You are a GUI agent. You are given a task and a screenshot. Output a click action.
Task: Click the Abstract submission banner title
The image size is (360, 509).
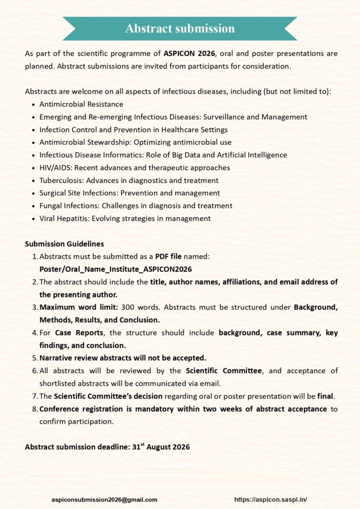coord(180,28)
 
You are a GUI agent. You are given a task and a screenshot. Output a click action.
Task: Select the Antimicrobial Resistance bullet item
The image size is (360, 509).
coord(81,104)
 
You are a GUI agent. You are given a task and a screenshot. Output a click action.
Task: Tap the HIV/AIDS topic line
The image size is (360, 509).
coord(134,168)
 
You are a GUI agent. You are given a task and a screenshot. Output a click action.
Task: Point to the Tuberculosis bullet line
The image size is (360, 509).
coord(129,180)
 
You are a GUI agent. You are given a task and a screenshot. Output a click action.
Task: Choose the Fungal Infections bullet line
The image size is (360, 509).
coord(136,206)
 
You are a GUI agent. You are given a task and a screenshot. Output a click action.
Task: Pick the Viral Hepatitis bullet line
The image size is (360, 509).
coord(125,218)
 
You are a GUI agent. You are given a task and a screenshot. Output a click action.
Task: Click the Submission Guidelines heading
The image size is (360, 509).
coord(64,244)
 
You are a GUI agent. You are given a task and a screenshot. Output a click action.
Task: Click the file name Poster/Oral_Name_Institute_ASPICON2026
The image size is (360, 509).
coord(115,269)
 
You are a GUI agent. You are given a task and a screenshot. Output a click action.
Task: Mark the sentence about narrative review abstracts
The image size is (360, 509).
coord(122,358)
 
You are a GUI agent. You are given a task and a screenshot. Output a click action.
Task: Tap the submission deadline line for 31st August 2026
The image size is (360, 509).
coord(107,447)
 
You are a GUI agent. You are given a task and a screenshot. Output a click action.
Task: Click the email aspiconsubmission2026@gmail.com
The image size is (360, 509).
coord(104,500)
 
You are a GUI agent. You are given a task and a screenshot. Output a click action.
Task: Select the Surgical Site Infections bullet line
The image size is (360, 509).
coord(129,193)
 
